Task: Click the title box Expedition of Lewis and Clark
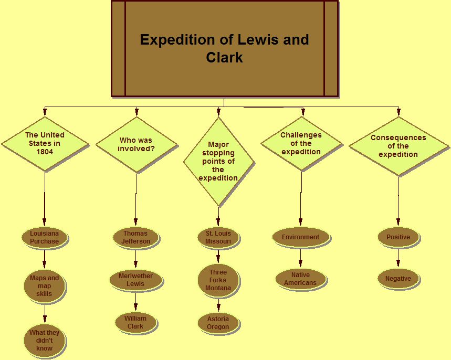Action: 224,48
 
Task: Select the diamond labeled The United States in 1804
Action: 45,143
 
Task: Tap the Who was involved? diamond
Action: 136,144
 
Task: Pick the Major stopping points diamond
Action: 218,161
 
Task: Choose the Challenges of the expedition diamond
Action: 301,143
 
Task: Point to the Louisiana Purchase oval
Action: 44,237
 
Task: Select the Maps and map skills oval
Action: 45,286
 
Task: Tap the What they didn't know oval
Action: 45,340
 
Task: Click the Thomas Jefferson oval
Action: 135,237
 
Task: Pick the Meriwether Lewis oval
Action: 135,280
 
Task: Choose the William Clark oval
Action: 135,322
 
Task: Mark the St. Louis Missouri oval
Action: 218,237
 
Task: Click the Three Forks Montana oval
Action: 218,280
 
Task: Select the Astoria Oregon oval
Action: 218,323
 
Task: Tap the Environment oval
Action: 300,237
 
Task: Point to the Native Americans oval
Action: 300,279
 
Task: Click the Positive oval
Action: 398,237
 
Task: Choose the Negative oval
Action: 398,279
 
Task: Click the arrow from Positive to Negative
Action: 398,257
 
